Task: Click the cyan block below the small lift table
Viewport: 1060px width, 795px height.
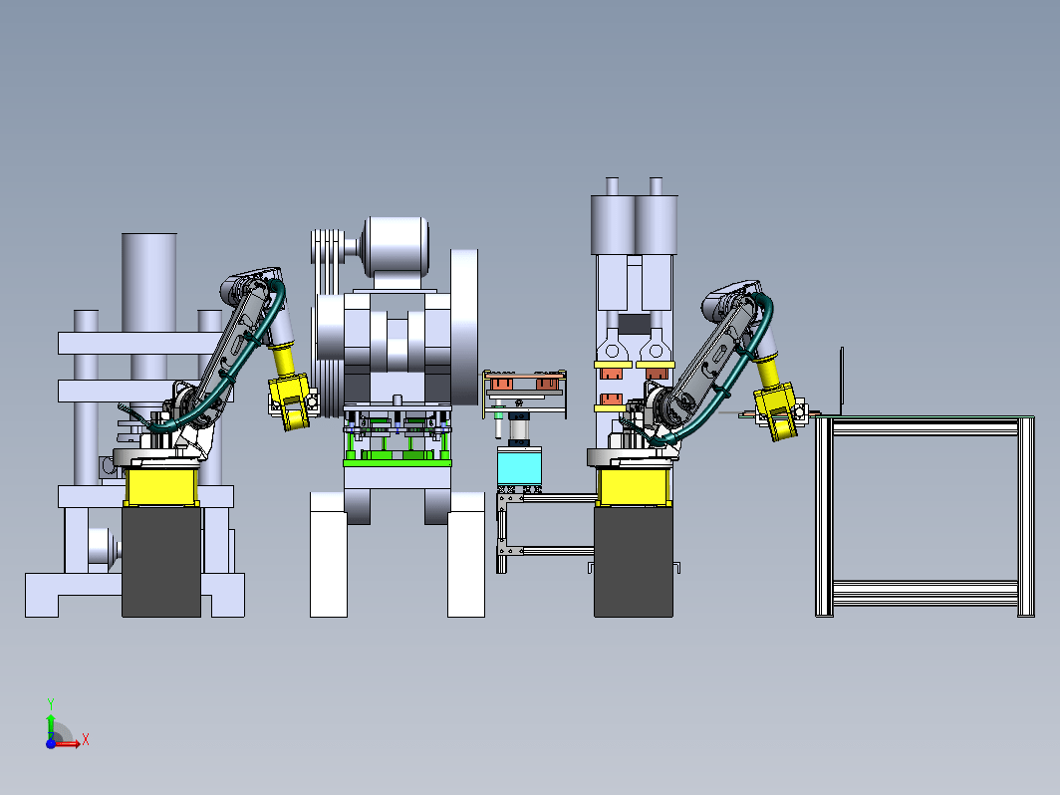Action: point(519,466)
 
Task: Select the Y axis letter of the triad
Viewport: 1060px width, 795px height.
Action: point(51,704)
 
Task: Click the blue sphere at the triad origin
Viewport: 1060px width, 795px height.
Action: point(51,743)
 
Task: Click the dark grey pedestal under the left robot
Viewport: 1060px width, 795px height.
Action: point(161,562)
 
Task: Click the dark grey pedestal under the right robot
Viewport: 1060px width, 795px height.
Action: point(634,562)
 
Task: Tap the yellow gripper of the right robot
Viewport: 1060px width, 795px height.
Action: point(777,411)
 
